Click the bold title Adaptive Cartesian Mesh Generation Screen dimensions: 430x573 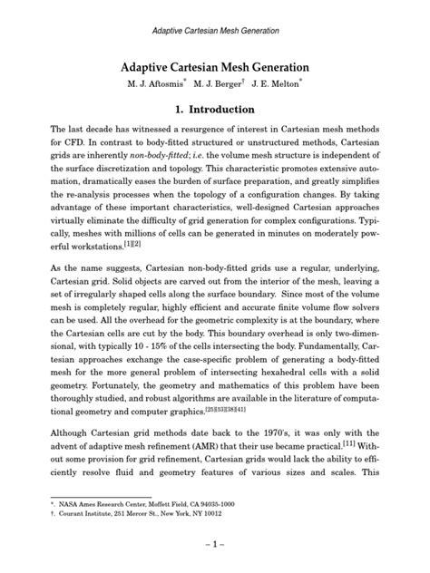click(x=215, y=67)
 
